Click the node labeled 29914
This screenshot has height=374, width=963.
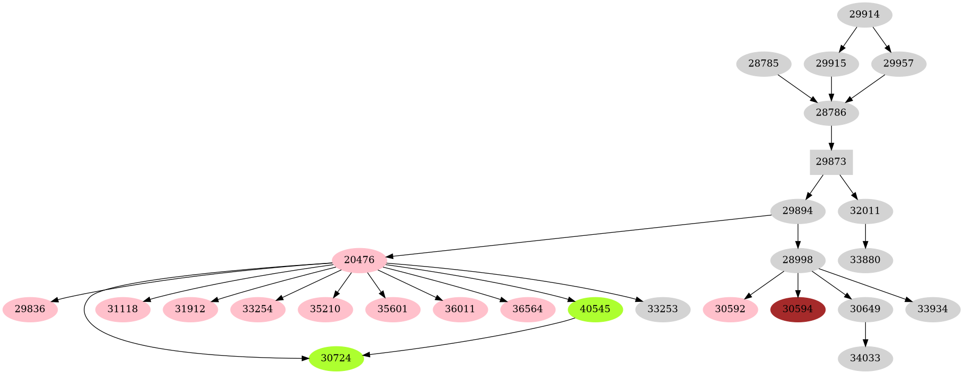(x=864, y=14)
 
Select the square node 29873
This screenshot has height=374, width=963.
(x=831, y=162)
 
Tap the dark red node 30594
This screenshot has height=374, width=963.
(x=797, y=310)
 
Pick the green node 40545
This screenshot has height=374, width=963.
(x=595, y=310)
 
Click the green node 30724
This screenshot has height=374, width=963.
(x=336, y=358)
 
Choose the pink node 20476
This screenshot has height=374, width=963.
(x=359, y=260)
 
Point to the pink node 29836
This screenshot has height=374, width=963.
(x=30, y=310)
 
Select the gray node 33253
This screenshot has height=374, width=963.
(x=662, y=310)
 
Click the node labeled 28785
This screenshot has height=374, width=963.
(x=764, y=64)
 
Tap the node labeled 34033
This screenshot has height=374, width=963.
(x=865, y=358)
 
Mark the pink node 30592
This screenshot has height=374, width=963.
(x=730, y=310)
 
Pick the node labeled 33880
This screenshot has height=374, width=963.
(x=865, y=260)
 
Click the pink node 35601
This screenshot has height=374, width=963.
(x=392, y=310)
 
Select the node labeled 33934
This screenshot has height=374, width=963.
(x=932, y=310)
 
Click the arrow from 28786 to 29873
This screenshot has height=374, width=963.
(x=831, y=137)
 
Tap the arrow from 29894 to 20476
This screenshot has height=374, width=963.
(x=578, y=236)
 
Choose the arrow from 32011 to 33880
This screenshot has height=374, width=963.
(x=865, y=235)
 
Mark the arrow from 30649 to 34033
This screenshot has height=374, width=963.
(x=865, y=334)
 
